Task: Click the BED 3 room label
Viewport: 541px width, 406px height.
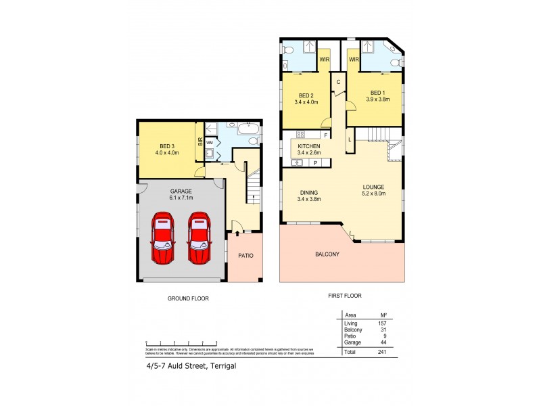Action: pos(166,145)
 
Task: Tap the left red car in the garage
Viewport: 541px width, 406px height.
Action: pos(162,238)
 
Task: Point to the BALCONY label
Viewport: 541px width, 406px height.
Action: pos(327,254)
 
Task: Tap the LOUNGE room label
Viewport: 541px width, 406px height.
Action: pos(373,187)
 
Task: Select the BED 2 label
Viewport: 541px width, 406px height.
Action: pos(306,95)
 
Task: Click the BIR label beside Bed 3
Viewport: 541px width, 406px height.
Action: pos(200,141)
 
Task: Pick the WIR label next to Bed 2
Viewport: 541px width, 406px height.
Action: pos(325,60)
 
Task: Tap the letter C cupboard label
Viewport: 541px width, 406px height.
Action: pos(338,82)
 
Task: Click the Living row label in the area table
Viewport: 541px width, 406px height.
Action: pos(351,323)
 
